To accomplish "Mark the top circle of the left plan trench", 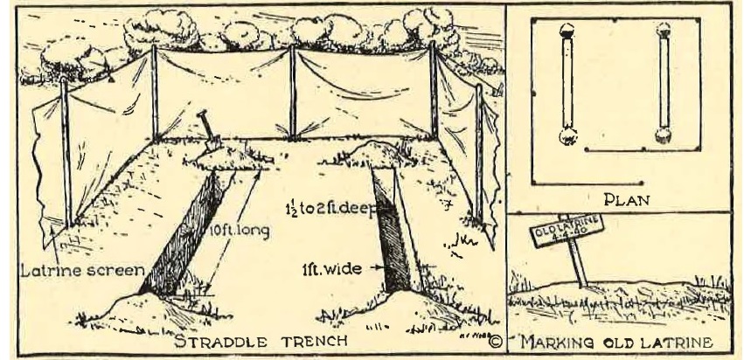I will [566, 28].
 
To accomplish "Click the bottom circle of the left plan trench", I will [567, 135].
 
